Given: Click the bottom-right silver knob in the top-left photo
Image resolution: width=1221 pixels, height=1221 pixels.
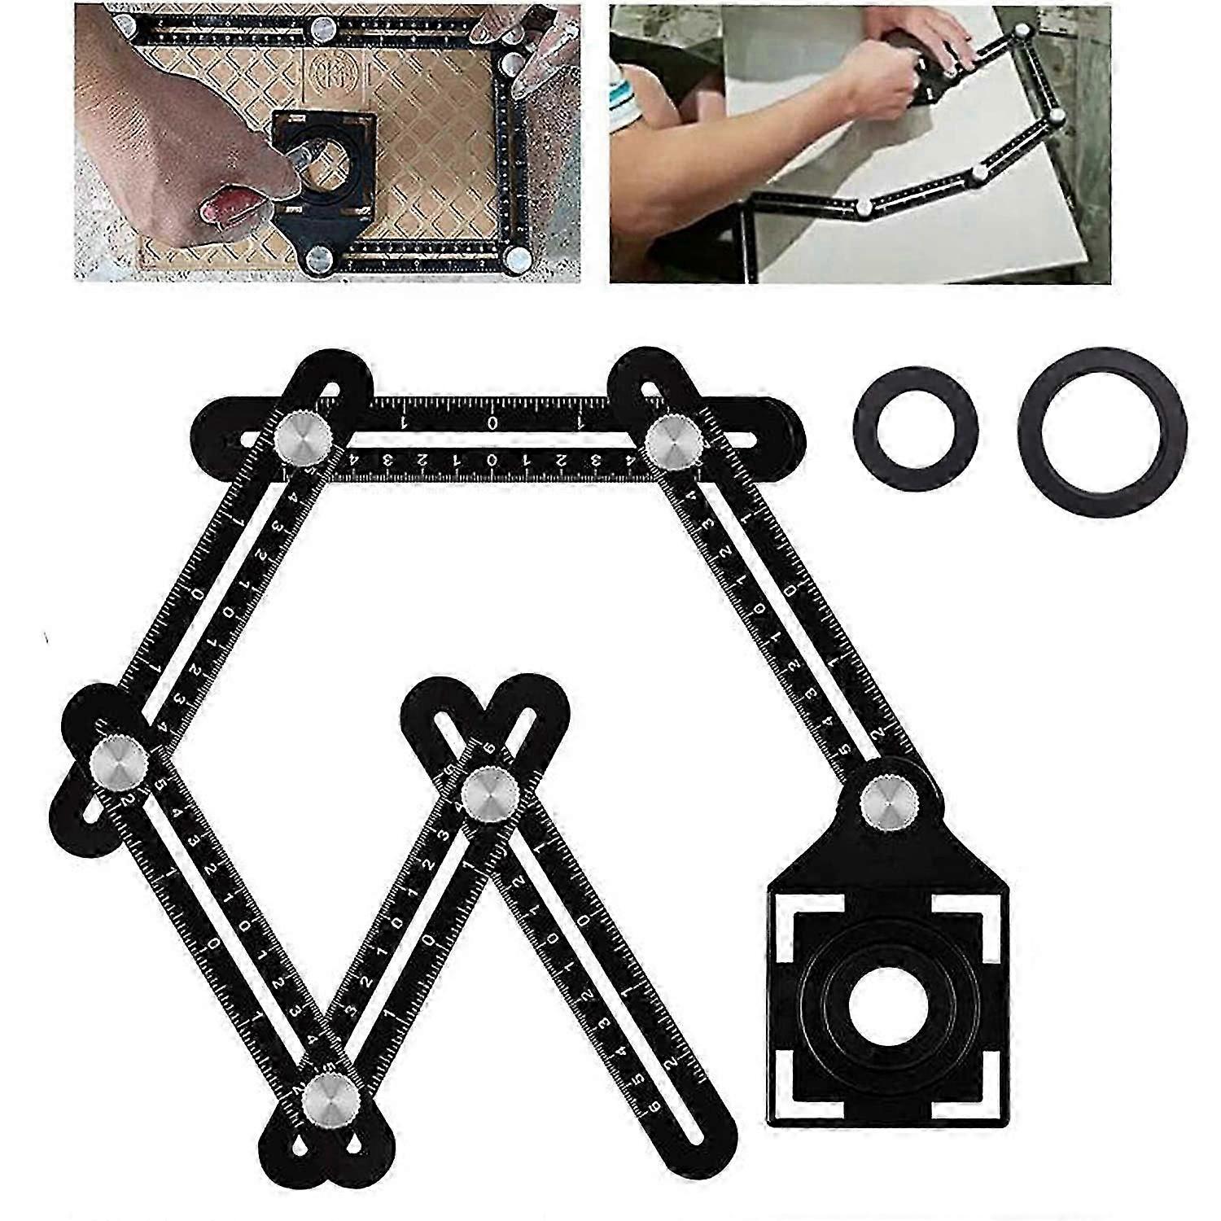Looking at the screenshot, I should coord(516,261).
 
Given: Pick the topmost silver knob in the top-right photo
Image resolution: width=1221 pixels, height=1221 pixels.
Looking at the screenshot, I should coord(1022,33).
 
